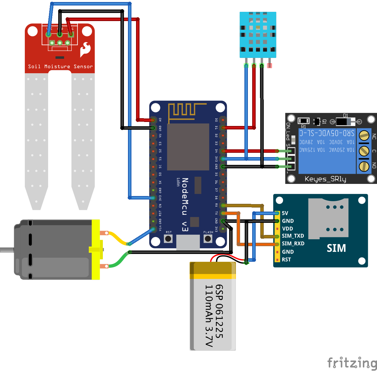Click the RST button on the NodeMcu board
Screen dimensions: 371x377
(168, 239)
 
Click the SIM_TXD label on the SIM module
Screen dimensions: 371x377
(293, 236)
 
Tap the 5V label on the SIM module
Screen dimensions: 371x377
(285, 213)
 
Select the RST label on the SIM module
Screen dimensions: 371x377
(286, 260)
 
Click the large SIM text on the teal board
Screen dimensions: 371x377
(336, 248)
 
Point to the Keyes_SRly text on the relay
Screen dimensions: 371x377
(325, 179)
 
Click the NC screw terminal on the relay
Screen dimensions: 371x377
(364, 135)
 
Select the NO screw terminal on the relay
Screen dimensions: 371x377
(364, 166)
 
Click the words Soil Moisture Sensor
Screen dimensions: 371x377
(60, 67)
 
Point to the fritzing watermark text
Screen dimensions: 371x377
(352, 362)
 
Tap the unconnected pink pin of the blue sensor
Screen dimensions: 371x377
(269, 65)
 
